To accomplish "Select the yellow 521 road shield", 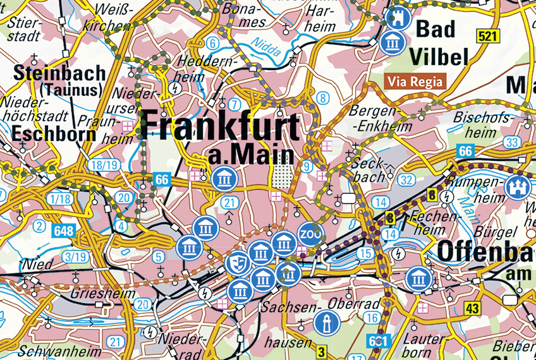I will (488, 36).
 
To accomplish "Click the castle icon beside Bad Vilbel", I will (398, 18).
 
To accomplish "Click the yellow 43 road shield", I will (472, 308).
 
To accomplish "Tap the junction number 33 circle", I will (512, 143).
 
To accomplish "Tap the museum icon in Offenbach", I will (417, 279).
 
